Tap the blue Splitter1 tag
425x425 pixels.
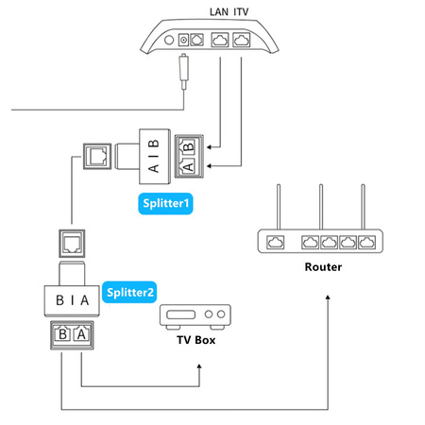pyautogui.click(x=166, y=203)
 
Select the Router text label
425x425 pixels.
pyautogui.click(x=323, y=267)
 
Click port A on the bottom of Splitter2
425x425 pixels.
pyautogui.click(x=81, y=333)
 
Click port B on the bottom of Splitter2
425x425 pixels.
pyautogui.click(x=62, y=333)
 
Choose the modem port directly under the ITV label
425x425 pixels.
pyautogui.click(x=243, y=42)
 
